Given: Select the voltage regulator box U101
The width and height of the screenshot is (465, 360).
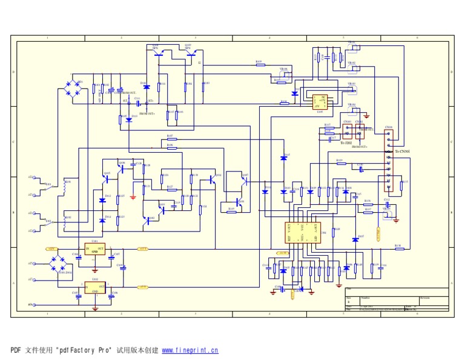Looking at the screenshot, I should click(x=95, y=249).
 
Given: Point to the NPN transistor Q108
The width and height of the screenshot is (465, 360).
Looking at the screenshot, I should click(x=158, y=54).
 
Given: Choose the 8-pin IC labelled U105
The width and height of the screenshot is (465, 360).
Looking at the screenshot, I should click(x=320, y=102).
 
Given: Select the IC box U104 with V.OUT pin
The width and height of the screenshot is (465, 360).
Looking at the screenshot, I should click(x=302, y=233).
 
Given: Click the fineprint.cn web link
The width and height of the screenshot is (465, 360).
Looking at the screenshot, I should click(x=190, y=350).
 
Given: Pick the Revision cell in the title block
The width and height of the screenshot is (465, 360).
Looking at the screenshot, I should click(x=425, y=298).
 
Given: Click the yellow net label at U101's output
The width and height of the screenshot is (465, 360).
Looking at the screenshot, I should click(x=143, y=248).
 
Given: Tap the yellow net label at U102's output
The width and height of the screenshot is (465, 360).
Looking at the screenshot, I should click(x=143, y=287).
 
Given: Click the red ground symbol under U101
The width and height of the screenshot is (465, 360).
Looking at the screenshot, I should click(x=95, y=267).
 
